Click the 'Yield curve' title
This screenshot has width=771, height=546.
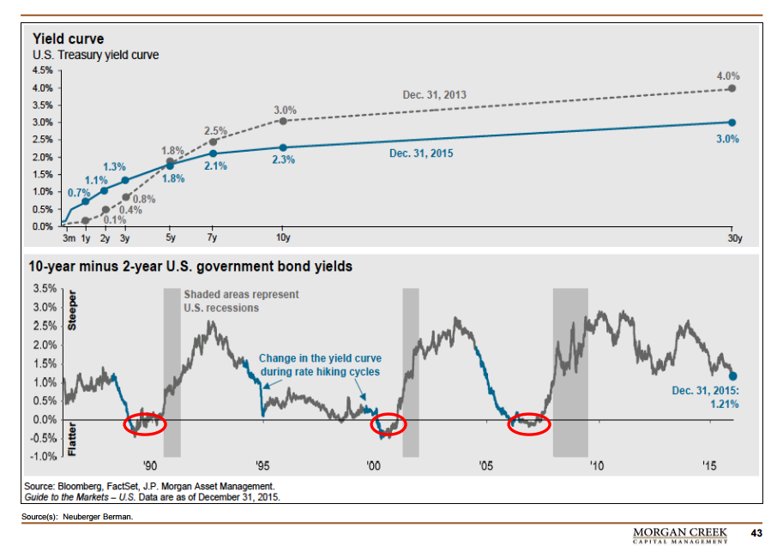click(x=69, y=39)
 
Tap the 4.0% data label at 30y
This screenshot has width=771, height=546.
click(x=728, y=76)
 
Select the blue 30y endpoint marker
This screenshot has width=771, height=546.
click(x=732, y=123)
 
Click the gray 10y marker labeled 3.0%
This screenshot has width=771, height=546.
click(x=283, y=121)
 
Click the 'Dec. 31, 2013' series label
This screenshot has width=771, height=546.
click(x=436, y=94)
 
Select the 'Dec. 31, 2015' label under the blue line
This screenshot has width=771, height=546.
click(x=421, y=153)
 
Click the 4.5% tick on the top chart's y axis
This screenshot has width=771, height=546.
click(x=43, y=70)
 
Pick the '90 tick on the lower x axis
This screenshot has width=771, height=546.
click(x=150, y=466)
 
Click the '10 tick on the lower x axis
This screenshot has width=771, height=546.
click(x=595, y=466)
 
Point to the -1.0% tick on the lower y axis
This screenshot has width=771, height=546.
click(x=44, y=456)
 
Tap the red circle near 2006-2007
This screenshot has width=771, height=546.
click(x=528, y=424)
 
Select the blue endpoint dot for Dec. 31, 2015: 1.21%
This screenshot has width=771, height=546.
click(x=733, y=375)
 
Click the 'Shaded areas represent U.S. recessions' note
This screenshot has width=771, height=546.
click(x=241, y=301)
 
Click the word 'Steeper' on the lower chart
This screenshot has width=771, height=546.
click(x=71, y=313)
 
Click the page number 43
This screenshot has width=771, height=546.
click(x=756, y=533)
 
